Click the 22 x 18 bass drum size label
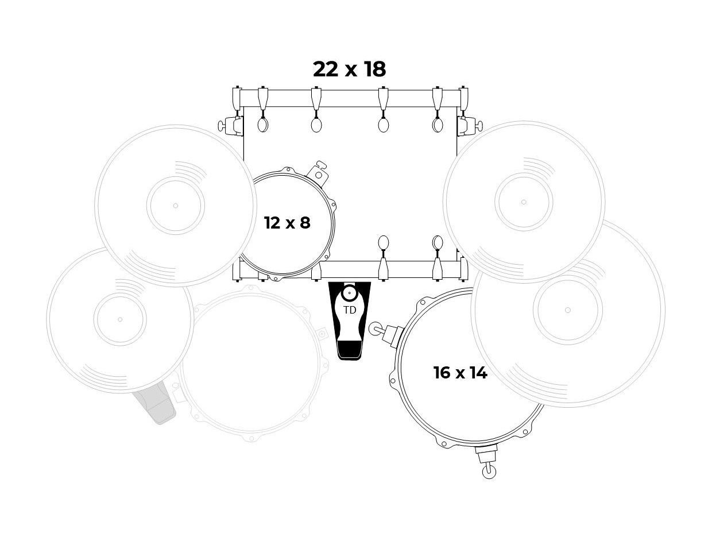pyautogui.click(x=349, y=69)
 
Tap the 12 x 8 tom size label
pyautogui.click(x=287, y=223)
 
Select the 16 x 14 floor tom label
pyautogui.click(x=460, y=373)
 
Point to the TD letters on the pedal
pyautogui.click(x=350, y=310)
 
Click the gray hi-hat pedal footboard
pyautogui.click(x=154, y=403)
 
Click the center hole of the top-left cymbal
pyautogui.click(x=176, y=206)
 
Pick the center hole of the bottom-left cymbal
pyautogui.click(x=120, y=319)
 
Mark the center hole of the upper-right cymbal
pyautogui.click(x=524, y=202)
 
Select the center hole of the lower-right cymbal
pyautogui.click(x=568, y=310)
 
